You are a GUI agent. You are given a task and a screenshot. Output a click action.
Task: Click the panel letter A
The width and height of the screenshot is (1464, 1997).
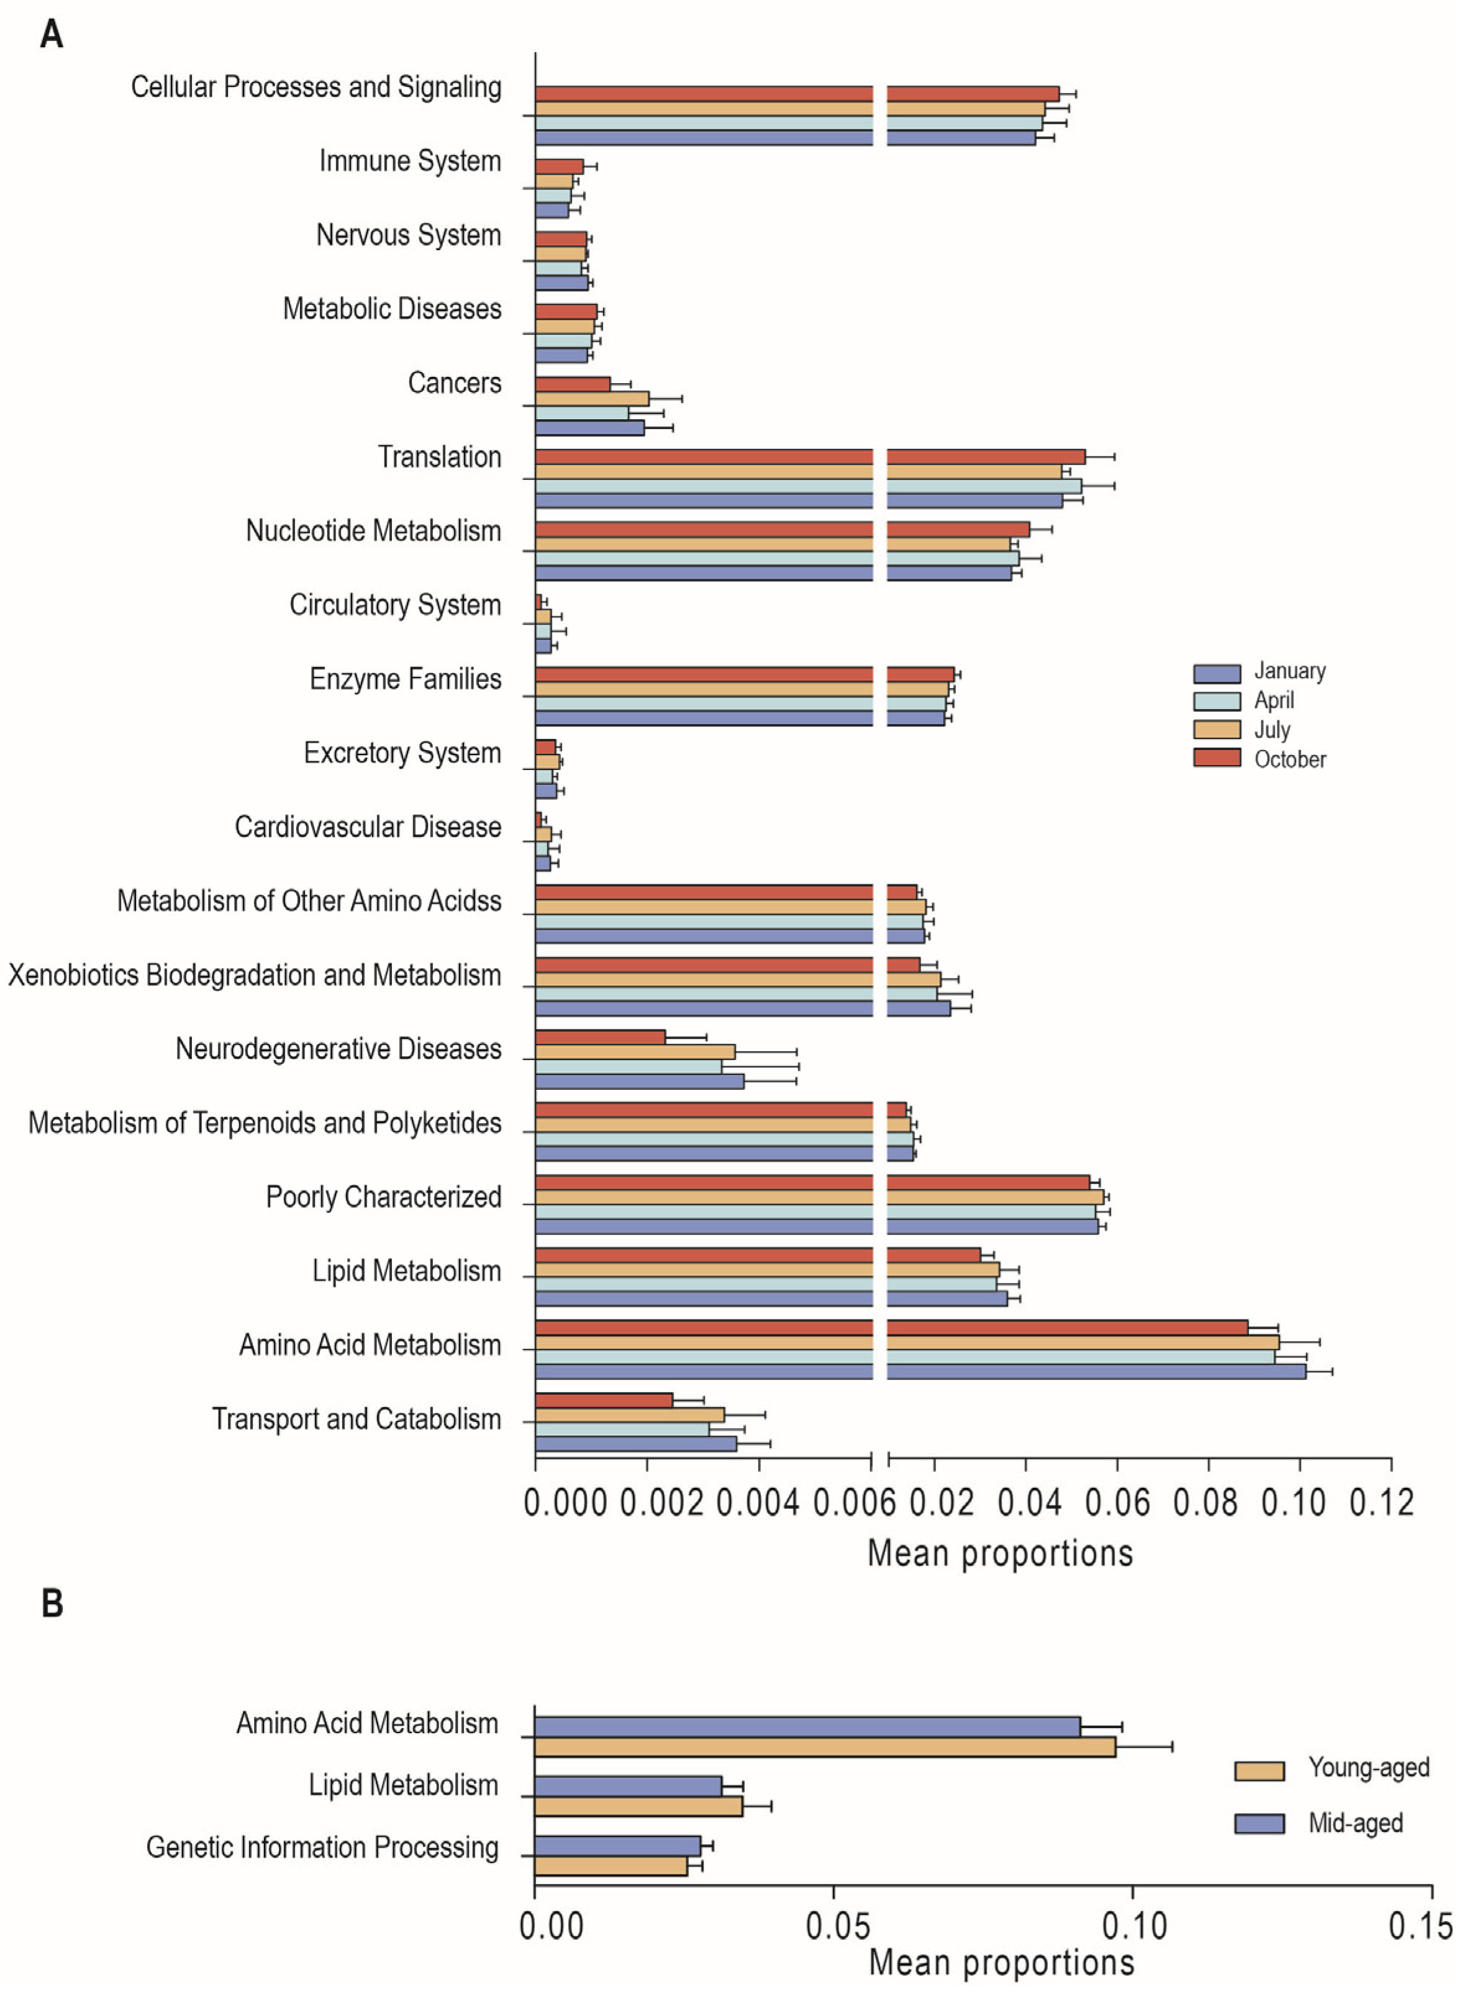(x=52, y=35)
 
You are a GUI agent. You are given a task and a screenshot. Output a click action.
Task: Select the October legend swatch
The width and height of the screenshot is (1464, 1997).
(x=1216, y=758)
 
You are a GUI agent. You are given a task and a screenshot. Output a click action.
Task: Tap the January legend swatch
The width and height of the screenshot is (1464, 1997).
(x=1216, y=673)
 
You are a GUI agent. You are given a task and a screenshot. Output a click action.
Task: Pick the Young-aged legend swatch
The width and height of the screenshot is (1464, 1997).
(x=1258, y=1771)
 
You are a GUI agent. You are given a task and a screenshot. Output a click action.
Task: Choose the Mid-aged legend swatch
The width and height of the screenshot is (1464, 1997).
(x=1258, y=1823)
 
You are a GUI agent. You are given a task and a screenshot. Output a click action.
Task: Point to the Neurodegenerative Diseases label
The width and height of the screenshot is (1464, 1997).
(x=338, y=1049)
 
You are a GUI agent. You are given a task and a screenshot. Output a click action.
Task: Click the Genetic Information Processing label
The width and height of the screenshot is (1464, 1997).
(x=322, y=1847)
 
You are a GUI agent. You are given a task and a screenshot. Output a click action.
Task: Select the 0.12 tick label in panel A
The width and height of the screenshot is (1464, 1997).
(x=1381, y=1503)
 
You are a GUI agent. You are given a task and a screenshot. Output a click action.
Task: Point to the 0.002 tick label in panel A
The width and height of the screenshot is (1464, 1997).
(x=661, y=1503)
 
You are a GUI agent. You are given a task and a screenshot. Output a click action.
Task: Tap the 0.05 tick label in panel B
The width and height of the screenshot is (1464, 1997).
(x=834, y=1927)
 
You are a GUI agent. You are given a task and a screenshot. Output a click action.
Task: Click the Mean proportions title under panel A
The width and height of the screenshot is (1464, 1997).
(x=999, y=1553)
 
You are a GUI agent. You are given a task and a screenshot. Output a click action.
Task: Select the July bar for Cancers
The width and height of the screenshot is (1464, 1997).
(x=592, y=399)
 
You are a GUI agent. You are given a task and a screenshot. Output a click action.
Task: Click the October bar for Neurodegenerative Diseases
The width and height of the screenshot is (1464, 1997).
(x=600, y=1036)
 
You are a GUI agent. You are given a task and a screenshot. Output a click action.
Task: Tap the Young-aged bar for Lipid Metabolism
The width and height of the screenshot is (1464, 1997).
(x=638, y=1806)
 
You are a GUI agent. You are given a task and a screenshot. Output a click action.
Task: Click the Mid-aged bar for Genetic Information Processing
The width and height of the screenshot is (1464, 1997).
(x=617, y=1846)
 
